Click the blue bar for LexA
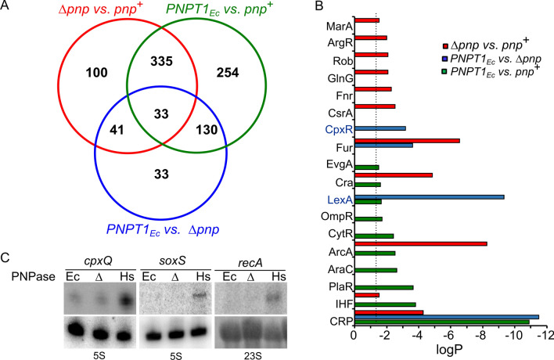click(429, 196)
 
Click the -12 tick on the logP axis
click(543, 334)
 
